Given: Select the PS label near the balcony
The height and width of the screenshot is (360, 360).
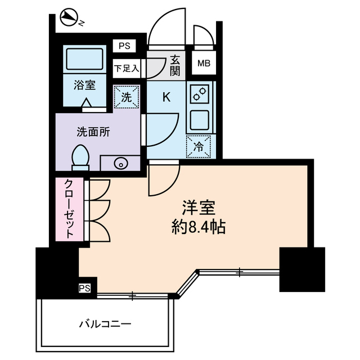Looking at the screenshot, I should click(84, 289).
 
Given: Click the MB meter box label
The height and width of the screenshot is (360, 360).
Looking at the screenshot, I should click(203, 64).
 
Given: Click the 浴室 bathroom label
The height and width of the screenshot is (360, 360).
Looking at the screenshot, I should click(83, 85).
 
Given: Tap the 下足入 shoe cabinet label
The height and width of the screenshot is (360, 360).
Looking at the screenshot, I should click(126, 69).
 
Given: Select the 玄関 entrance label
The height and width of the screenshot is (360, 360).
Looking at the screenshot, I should click(174, 64).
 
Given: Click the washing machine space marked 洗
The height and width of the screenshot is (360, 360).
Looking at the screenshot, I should click(126, 96).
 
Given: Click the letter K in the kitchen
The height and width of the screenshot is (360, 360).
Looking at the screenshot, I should click(166, 97).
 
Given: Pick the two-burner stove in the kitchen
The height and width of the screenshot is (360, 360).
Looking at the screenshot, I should click(200, 94).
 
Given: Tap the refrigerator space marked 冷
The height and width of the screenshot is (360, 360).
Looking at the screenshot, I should click(199, 146).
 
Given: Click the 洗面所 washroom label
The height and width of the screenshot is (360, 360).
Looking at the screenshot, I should click(93, 132).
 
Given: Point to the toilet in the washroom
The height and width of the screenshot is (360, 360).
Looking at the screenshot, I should click(81, 157).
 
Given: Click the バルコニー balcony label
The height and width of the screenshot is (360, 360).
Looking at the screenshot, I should click(105, 324).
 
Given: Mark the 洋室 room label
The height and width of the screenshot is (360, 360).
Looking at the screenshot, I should click(199, 208).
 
